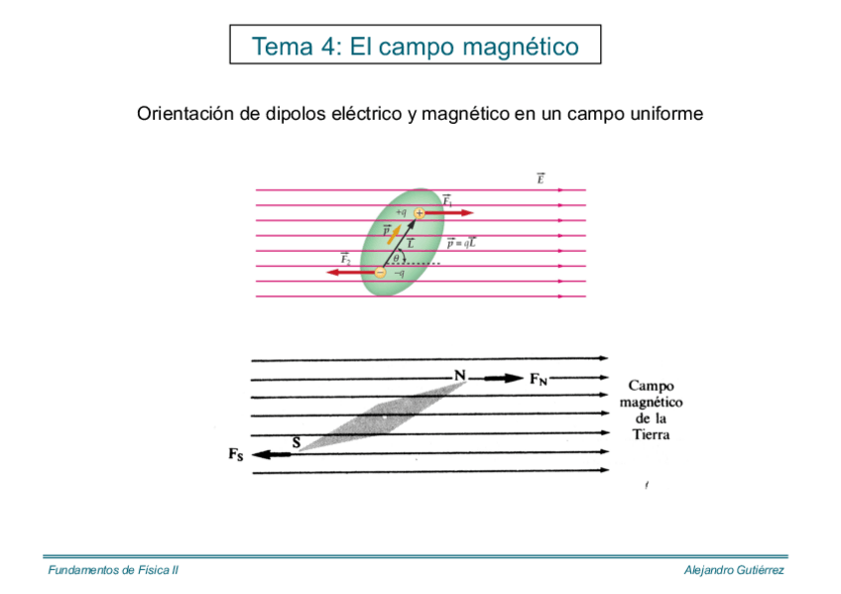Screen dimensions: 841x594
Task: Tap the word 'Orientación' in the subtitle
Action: [184, 114]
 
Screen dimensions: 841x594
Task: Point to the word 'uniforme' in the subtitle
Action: [665, 114]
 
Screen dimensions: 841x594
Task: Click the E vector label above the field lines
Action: [541, 179]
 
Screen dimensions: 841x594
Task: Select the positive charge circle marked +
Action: [420, 213]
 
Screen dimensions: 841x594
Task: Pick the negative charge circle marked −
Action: [380, 273]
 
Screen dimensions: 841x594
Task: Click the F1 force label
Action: [447, 201]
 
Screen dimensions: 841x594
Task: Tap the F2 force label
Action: [346, 260]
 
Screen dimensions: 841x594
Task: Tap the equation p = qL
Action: [460, 242]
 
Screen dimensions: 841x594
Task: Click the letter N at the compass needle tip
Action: [459, 375]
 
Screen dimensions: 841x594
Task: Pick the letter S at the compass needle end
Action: [295, 442]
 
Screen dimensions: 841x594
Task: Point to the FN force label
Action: [539, 378]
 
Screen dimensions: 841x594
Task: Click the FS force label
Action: [235, 455]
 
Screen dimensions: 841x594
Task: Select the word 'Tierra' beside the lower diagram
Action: [651, 434]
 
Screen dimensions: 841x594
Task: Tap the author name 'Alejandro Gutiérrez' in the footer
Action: [734, 570]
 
